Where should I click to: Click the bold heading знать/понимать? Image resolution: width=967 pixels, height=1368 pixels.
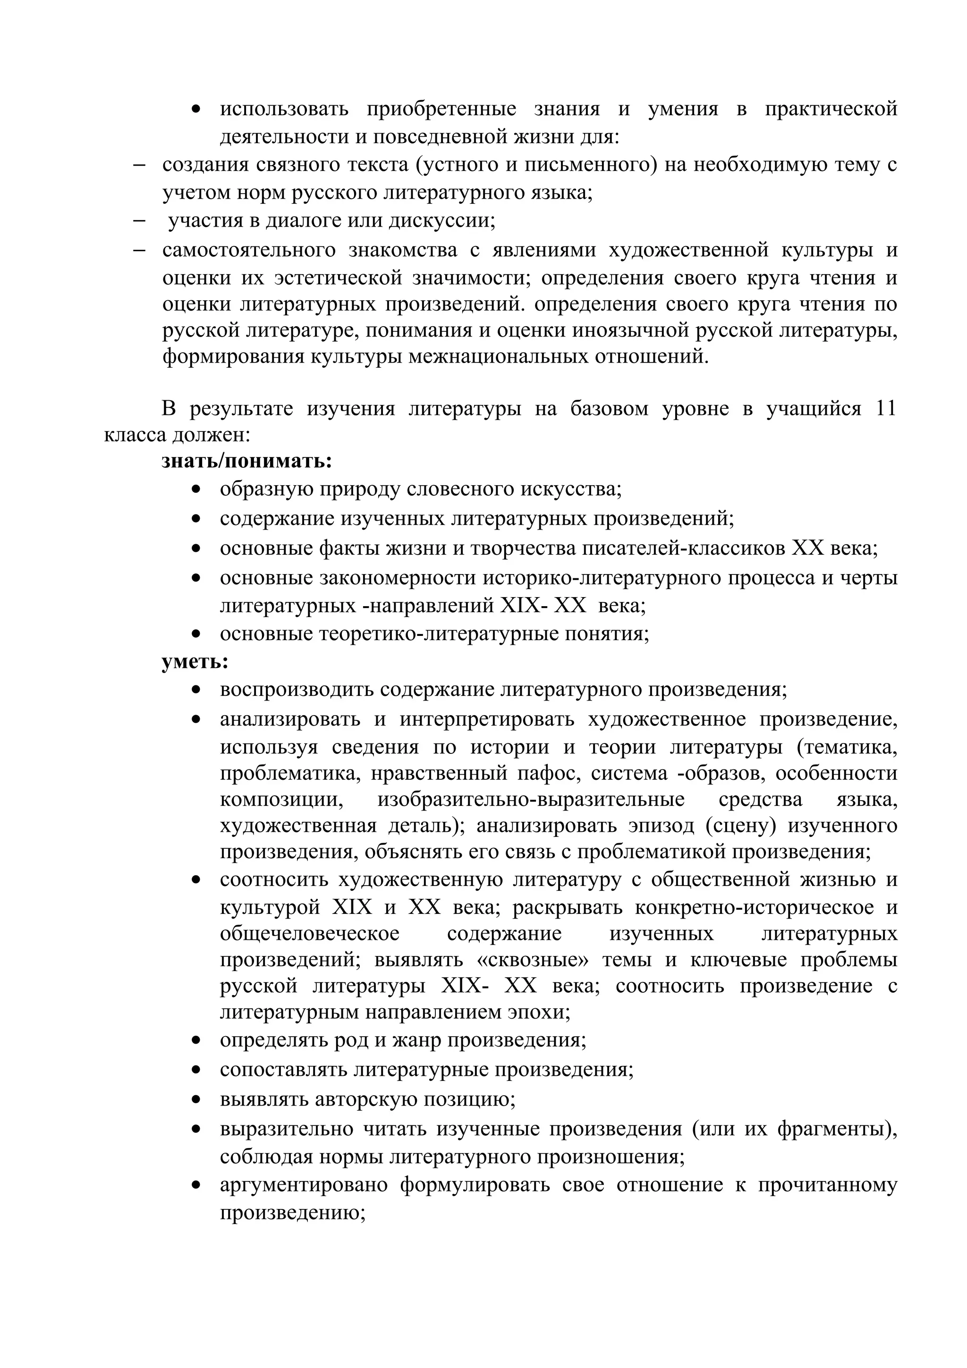click(x=246, y=461)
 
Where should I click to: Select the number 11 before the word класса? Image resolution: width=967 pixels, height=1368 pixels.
click(x=885, y=408)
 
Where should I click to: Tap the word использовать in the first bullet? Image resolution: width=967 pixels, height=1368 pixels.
click(x=284, y=109)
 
